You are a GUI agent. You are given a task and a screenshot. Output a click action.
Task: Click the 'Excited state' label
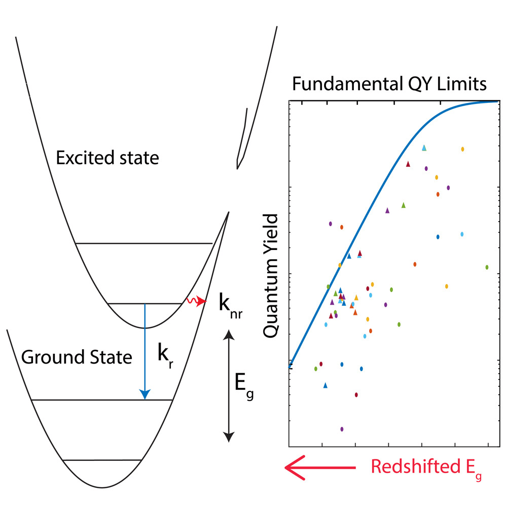point(107,158)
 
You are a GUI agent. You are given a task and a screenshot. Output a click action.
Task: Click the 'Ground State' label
point(77,357)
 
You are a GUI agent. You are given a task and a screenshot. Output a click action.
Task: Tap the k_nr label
point(230,305)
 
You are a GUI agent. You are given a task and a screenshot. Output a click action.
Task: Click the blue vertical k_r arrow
point(145,350)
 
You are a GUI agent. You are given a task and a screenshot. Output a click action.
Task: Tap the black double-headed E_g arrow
point(229,385)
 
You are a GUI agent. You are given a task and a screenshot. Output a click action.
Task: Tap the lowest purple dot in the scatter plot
point(342,429)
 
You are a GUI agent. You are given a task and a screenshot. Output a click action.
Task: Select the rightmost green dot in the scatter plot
point(487,267)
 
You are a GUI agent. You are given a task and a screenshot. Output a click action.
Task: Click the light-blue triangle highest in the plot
point(424,148)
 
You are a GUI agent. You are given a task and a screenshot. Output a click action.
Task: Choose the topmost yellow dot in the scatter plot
point(463,149)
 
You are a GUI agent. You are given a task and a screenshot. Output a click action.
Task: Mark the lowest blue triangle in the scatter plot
point(326,385)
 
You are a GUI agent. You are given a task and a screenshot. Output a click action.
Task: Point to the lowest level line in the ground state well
point(102,460)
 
